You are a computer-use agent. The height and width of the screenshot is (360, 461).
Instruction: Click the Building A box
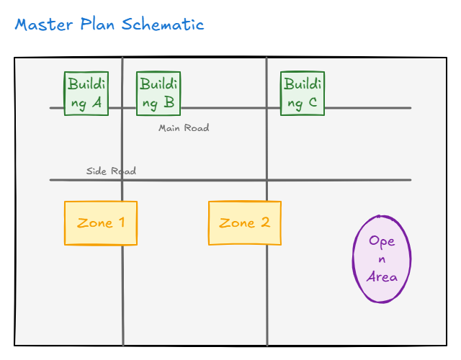(x=86, y=94)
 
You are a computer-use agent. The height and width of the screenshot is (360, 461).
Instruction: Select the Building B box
(x=158, y=94)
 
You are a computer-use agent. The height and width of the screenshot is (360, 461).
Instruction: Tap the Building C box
(x=303, y=94)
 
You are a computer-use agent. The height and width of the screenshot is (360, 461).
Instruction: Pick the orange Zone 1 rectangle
(x=101, y=223)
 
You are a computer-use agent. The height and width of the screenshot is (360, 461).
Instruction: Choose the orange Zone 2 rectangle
(x=245, y=223)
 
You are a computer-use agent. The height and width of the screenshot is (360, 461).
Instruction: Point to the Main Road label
(x=184, y=128)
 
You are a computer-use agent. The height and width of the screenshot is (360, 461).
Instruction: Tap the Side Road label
(x=111, y=171)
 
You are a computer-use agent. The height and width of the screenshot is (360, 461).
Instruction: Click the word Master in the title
(x=44, y=24)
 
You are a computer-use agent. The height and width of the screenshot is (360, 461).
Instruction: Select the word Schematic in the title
(x=163, y=24)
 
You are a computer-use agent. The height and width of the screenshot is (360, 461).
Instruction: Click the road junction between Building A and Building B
(x=122, y=108)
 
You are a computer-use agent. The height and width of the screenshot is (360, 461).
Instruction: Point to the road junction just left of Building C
(x=267, y=108)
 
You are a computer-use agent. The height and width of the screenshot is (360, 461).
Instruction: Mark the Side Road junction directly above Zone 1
(x=122, y=180)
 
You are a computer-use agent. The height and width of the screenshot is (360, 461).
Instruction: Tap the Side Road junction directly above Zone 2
(x=267, y=180)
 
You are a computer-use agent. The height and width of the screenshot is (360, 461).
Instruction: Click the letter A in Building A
(x=97, y=103)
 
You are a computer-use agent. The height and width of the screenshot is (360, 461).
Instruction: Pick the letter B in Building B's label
(x=169, y=103)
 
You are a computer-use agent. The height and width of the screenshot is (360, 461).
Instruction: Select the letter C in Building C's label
(x=312, y=103)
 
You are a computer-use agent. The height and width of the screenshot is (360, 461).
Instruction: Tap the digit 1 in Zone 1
(x=121, y=222)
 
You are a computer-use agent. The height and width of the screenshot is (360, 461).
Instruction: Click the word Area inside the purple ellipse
(x=382, y=277)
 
